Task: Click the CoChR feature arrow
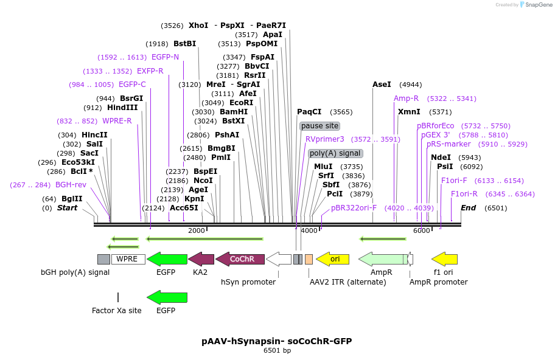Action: (x=240, y=259)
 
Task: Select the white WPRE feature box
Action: (x=128, y=259)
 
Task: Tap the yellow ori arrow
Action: (x=332, y=259)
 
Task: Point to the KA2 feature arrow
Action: (x=201, y=259)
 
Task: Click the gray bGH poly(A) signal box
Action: (x=103, y=259)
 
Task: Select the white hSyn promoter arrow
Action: (x=279, y=259)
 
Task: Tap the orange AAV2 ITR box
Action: (x=309, y=259)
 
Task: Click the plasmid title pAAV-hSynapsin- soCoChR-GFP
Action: (x=277, y=341)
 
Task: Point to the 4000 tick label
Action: (x=309, y=231)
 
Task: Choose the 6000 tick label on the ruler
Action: (x=421, y=231)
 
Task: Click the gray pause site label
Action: (x=319, y=126)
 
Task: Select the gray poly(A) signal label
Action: (x=335, y=153)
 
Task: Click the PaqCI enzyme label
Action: (x=309, y=112)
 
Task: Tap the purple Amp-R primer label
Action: (x=406, y=99)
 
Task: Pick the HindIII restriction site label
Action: (x=122, y=108)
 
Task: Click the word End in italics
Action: (x=468, y=208)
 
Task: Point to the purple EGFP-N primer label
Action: (x=165, y=57)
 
